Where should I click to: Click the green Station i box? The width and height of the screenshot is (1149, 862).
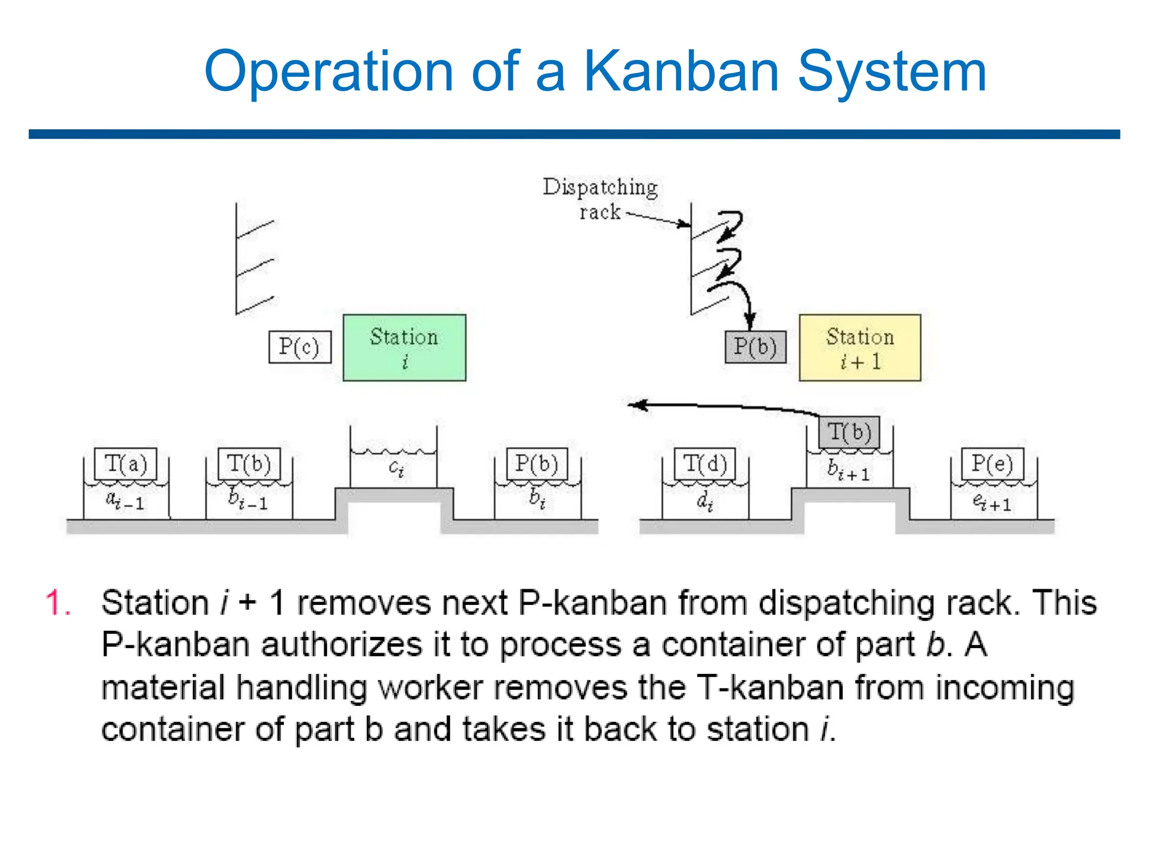[404, 347]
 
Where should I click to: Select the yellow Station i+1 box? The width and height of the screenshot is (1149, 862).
[860, 347]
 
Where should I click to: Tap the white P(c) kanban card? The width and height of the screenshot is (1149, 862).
[300, 347]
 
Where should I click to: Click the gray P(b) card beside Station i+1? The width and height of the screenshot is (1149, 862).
[755, 347]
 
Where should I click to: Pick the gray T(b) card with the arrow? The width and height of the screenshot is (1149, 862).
[849, 432]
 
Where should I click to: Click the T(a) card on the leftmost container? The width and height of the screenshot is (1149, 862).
[125, 464]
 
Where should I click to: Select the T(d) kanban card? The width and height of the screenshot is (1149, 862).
[705, 464]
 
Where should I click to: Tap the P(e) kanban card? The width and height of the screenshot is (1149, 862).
[992, 464]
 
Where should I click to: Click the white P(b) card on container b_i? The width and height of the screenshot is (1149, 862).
[536, 464]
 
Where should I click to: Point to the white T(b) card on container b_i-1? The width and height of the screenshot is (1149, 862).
[249, 464]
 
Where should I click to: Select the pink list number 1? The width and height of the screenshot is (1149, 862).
[57, 603]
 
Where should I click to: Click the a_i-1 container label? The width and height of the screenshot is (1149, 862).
[125, 499]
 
